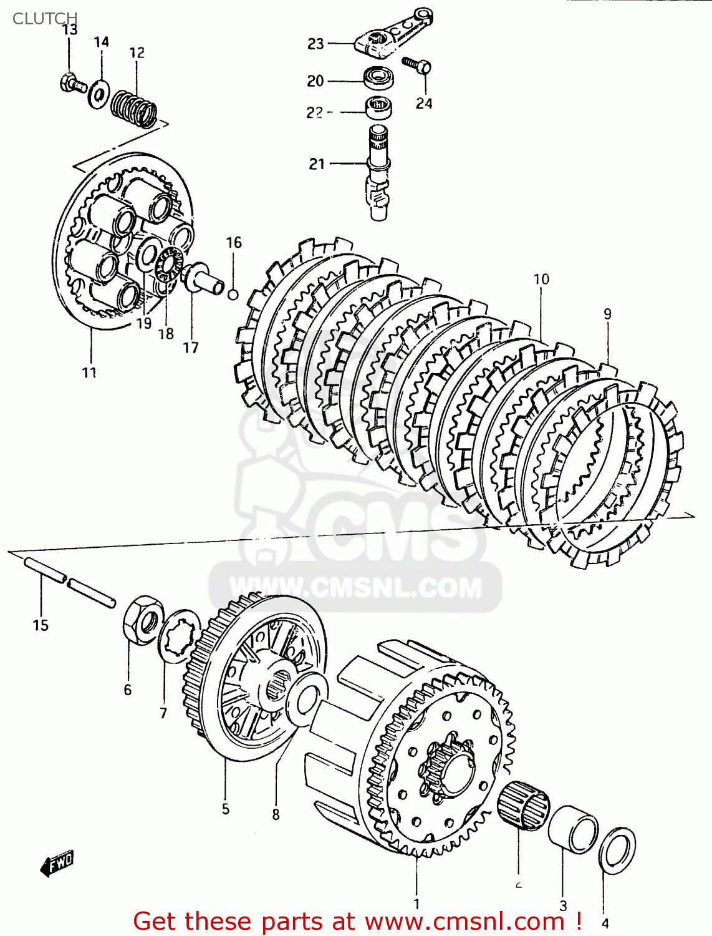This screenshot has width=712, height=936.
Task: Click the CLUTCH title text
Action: tap(45, 18)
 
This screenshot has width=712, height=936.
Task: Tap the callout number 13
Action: tap(70, 30)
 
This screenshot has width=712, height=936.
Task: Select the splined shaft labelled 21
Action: tap(378, 172)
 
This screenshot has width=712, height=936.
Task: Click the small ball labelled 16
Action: tap(233, 294)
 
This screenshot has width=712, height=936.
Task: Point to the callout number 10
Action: tap(541, 279)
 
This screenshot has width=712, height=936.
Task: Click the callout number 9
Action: tap(607, 314)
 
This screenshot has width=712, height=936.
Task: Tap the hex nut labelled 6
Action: tap(143, 618)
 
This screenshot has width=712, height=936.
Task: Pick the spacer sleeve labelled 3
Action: tap(572, 829)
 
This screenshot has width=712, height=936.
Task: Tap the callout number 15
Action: tap(41, 625)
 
